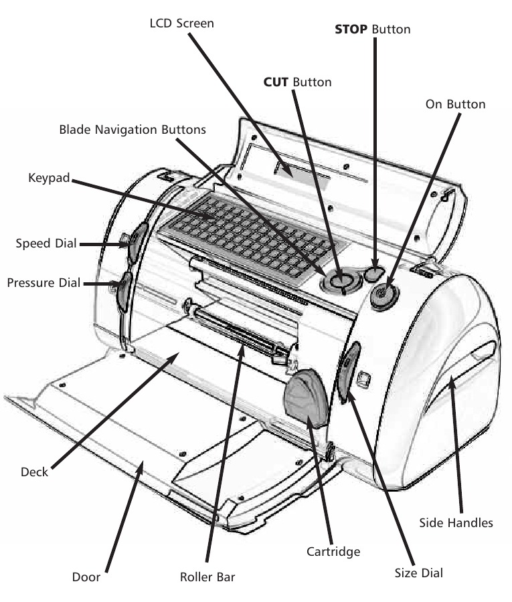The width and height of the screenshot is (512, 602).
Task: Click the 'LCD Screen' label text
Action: (x=182, y=23)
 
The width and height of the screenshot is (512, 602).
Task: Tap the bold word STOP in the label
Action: (x=350, y=29)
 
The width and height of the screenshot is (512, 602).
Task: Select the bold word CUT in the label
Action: (x=276, y=82)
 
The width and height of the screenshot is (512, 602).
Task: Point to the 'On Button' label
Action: (x=455, y=104)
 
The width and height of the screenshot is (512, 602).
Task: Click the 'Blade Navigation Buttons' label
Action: (x=133, y=129)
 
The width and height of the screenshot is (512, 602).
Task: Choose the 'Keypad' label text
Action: (x=49, y=179)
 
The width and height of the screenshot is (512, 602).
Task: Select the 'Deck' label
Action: (x=35, y=472)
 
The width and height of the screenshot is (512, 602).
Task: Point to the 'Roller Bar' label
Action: (x=207, y=576)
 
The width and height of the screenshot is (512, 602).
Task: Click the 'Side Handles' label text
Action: (x=456, y=522)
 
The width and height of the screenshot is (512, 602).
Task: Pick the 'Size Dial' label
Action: (x=418, y=573)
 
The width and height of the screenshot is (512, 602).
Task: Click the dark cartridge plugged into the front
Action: (x=305, y=399)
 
